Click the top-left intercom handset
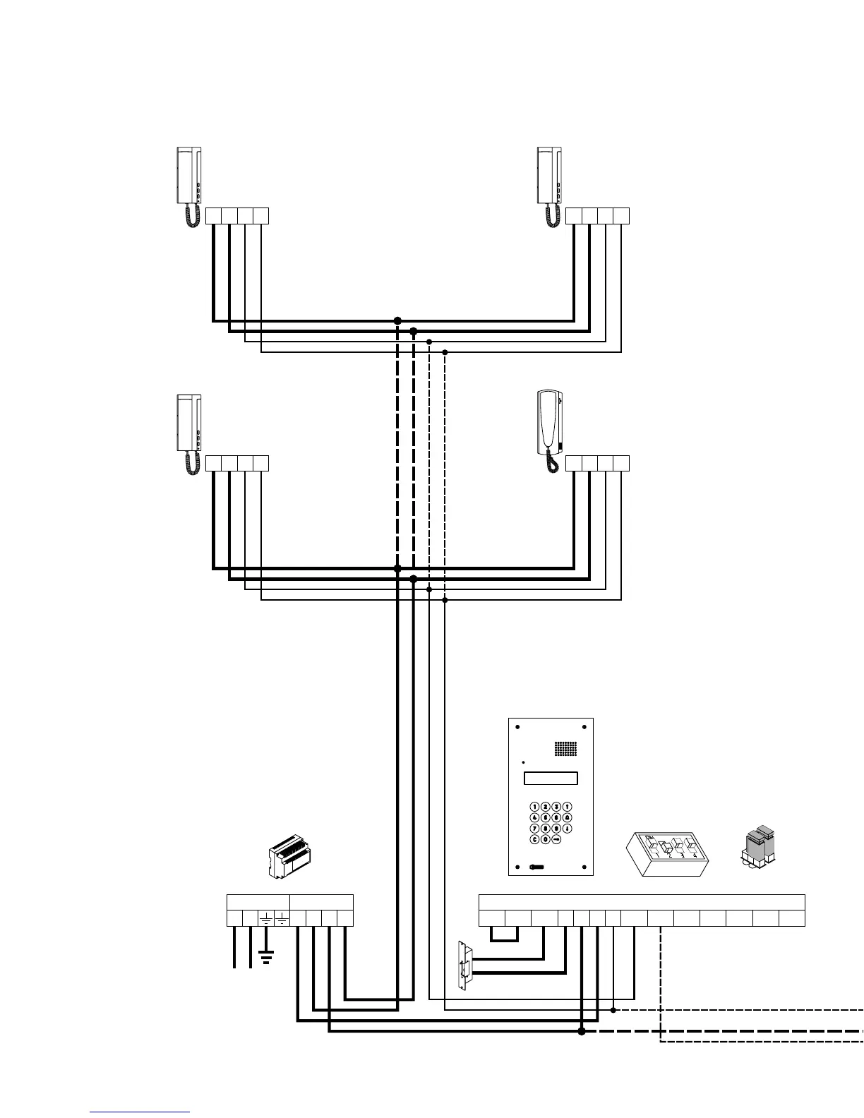click(x=189, y=176)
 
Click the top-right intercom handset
click(x=550, y=176)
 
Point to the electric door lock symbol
click(x=464, y=964)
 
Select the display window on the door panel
click(x=551, y=779)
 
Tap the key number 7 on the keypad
click(x=535, y=829)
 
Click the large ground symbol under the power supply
click(x=266, y=959)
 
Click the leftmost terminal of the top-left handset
click(x=213, y=216)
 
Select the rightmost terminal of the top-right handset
click(x=621, y=216)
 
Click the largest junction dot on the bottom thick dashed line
click(x=582, y=1031)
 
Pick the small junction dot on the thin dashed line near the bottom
click(x=613, y=1010)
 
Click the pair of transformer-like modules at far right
click(x=757, y=846)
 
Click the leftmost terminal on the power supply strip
click(x=234, y=918)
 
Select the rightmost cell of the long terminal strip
click(x=792, y=918)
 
